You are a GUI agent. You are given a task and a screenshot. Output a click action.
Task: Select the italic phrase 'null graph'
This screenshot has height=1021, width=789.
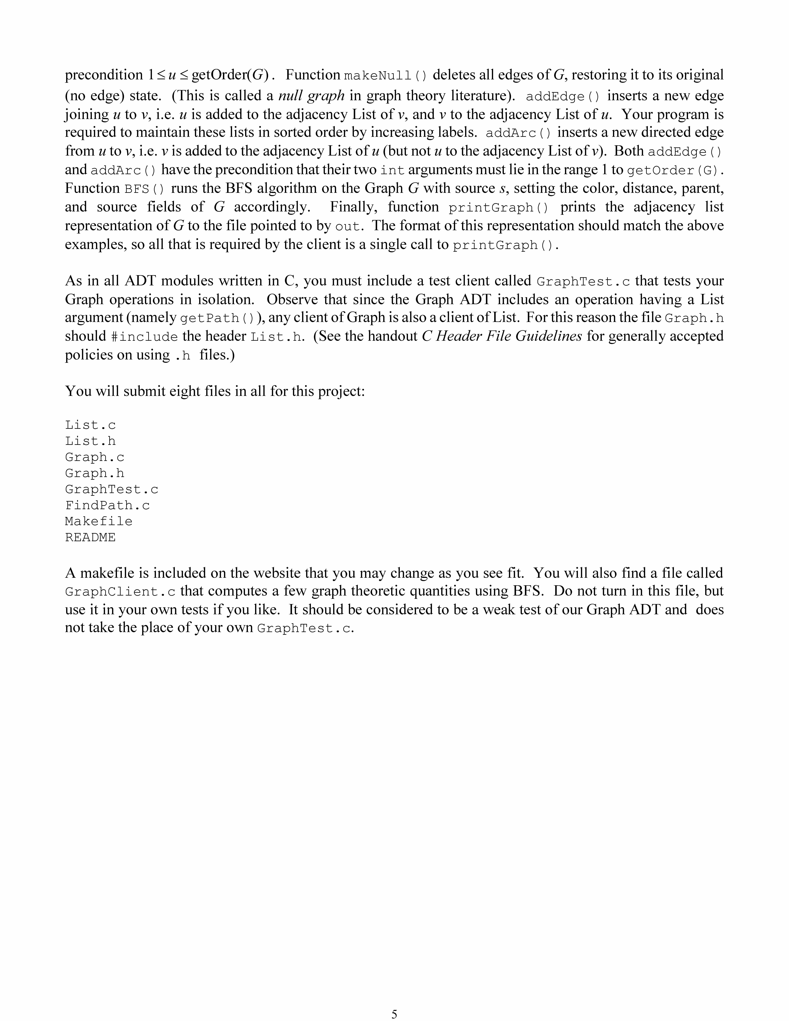tap(311, 95)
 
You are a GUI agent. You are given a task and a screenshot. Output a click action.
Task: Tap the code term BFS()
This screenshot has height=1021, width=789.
tap(144, 189)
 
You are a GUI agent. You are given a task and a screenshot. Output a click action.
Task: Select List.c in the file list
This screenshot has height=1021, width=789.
tap(90, 425)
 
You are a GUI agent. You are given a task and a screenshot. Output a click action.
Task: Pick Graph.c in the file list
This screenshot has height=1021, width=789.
tap(94, 457)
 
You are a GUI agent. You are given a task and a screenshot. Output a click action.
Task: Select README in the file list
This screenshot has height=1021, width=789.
tap(90, 537)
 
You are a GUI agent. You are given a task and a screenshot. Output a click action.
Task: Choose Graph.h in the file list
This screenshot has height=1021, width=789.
tap(94, 473)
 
